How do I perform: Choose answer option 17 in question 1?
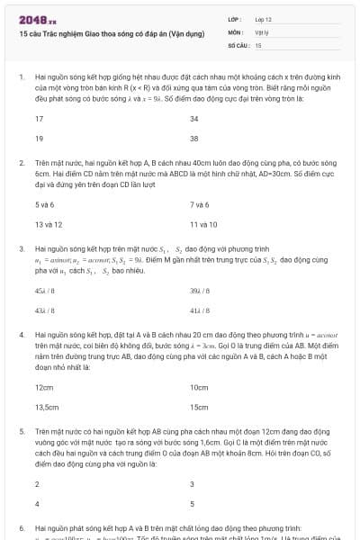pyautogui.click(x=40, y=119)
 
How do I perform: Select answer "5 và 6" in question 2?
pyautogui.click(x=44, y=204)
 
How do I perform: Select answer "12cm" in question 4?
pyautogui.click(x=44, y=387)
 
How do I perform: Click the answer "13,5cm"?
pyautogui.click(x=47, y=407)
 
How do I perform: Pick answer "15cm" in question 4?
pyautogui.click(x=199, y=407)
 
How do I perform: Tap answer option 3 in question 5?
pyautogui.click(x=192, y=483)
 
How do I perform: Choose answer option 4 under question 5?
pyautogui.click(x=37, y=503)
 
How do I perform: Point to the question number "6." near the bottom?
pyautogui.click(x=21, y=527)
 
